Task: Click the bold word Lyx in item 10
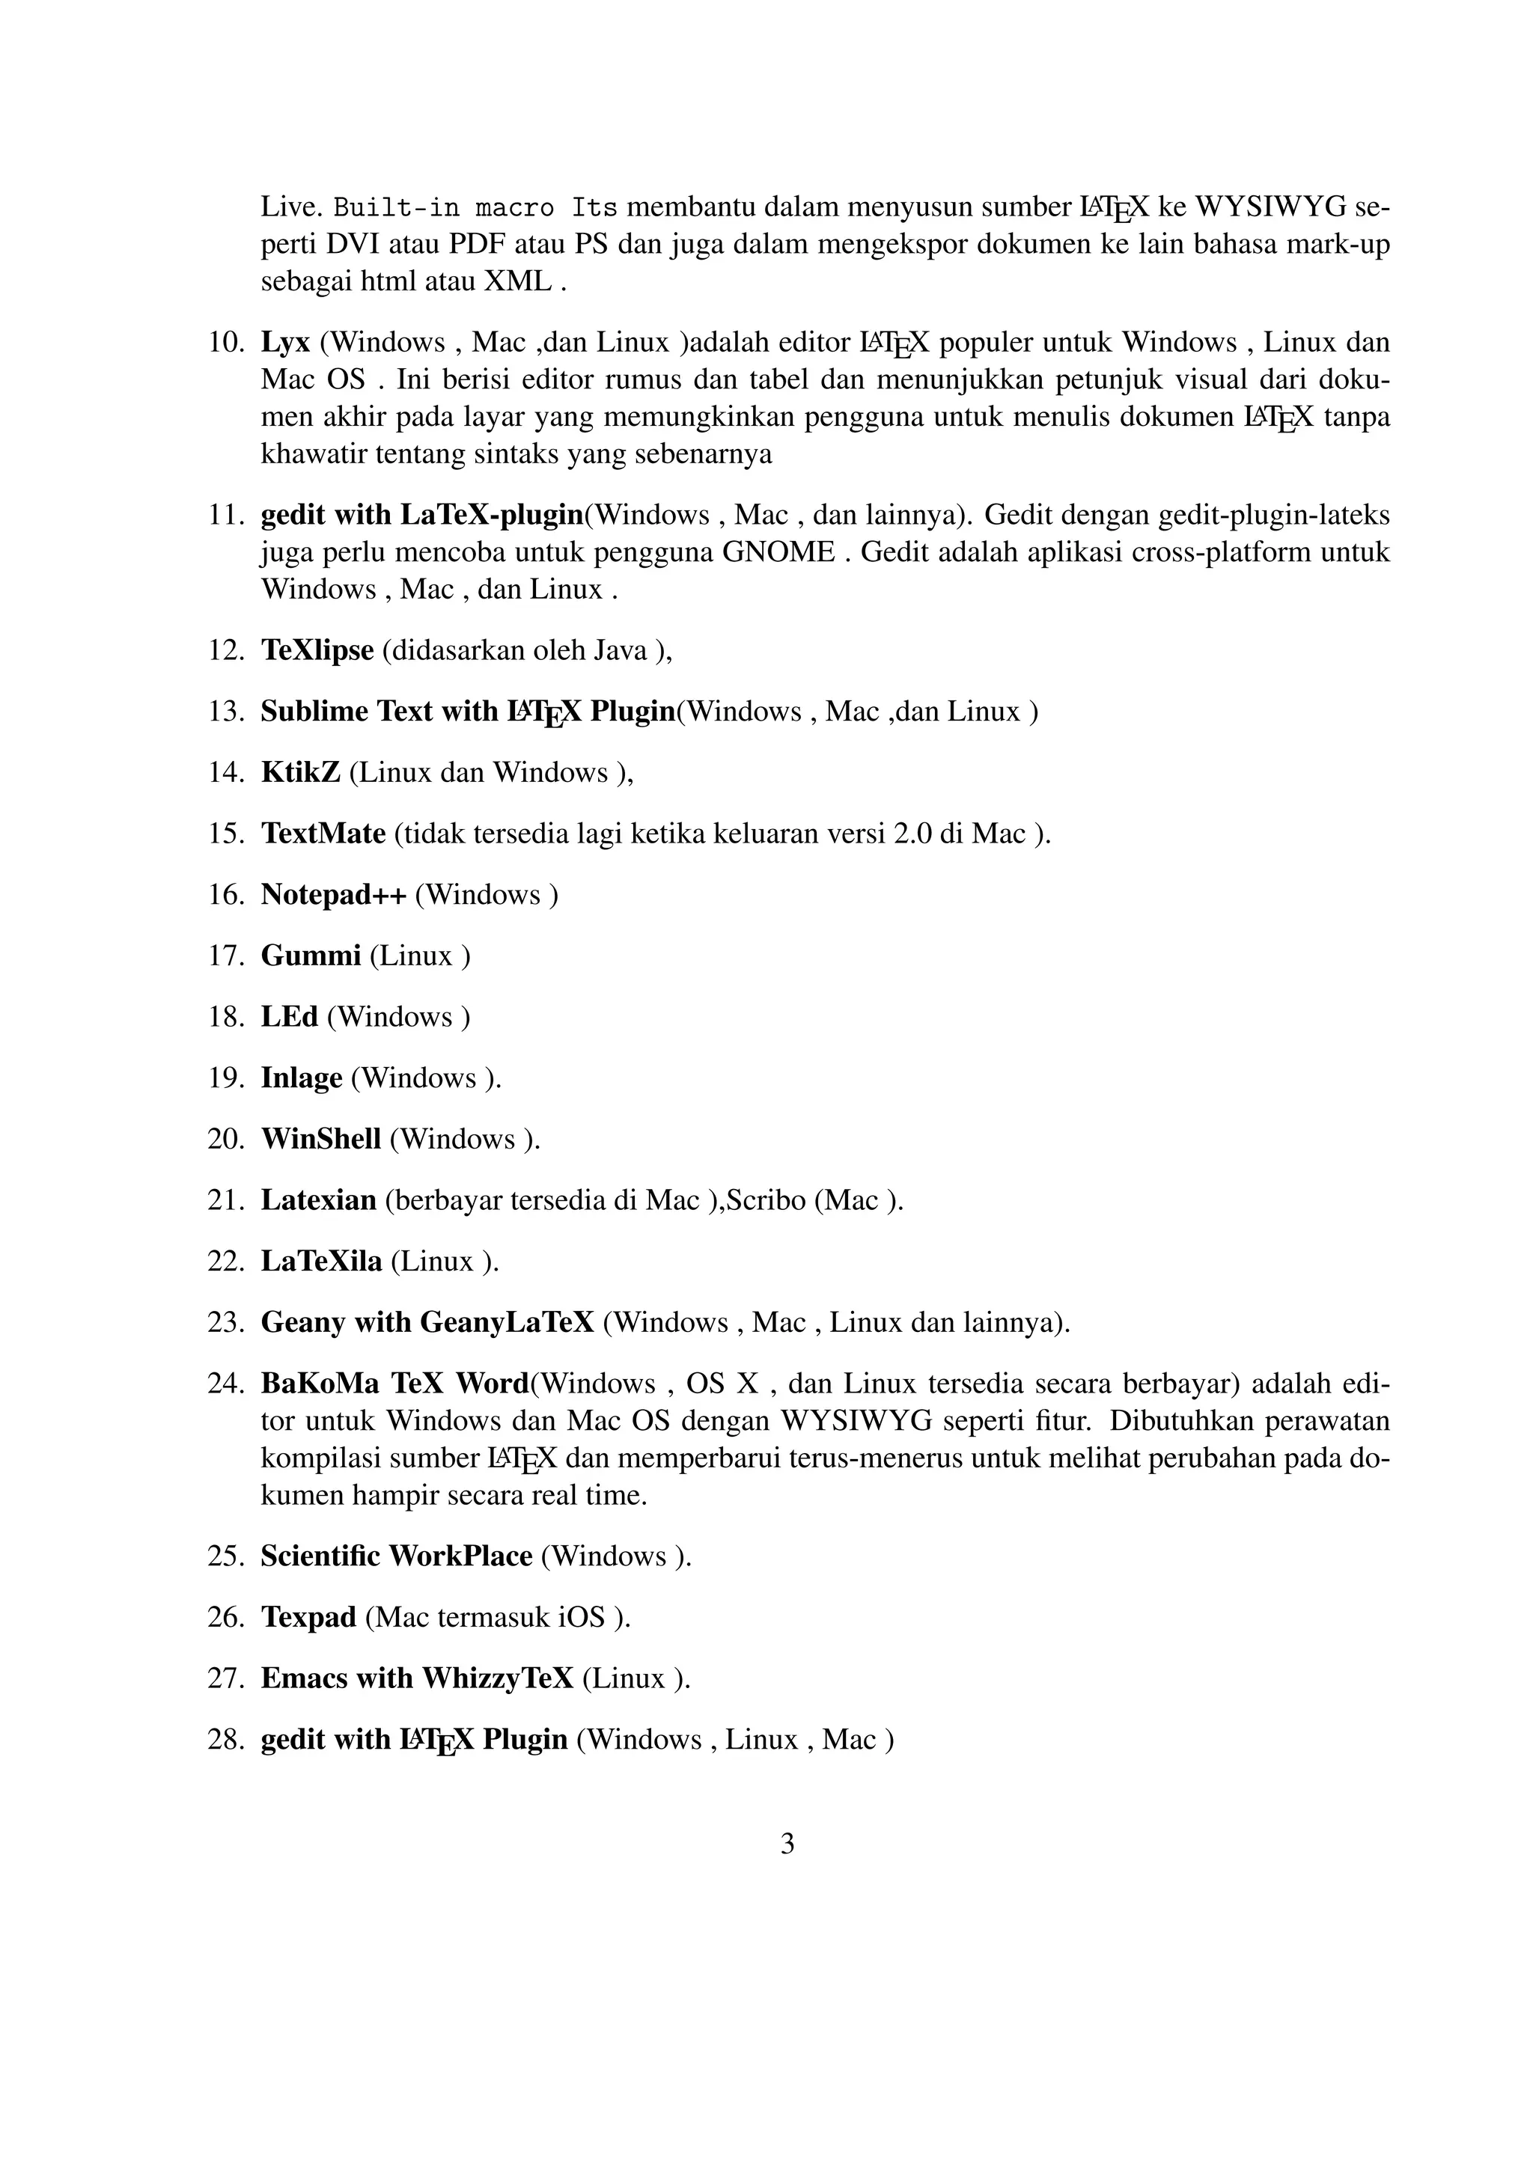tap(285, 343)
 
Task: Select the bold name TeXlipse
tap(317, 650)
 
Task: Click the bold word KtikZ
tap(300, 773)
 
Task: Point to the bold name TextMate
tap(323, 834)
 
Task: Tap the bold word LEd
tap(289, 1016)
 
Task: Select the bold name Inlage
tap(301, 1078)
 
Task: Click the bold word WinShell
tap(321, 1139)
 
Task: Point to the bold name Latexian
tap(318, 1200)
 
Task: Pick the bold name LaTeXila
tap(321, 1261)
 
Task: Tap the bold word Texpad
tap(308, 1618)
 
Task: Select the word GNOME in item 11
tap(778, 552)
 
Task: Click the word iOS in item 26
tap(582, 1618)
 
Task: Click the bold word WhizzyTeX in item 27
tap(498, 1678)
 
